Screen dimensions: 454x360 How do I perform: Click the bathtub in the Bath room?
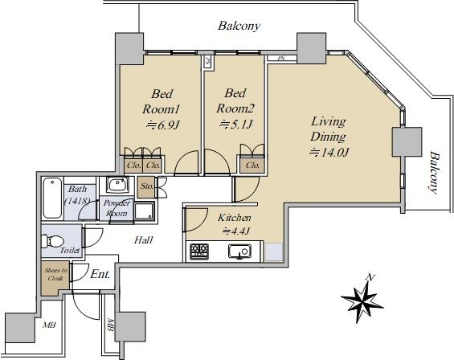coord(53,198)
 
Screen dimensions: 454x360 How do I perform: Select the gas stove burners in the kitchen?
coord(199,251)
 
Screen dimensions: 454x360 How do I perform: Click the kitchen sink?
coord(239,251)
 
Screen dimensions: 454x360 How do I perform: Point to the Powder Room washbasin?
coord(117,185)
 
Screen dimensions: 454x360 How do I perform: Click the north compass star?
coord(362,301)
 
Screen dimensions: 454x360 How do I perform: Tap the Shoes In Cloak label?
coord(56,274)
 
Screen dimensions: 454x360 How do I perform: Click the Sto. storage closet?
coord(146,186)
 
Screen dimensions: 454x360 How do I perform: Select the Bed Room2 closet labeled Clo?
coord(252,166)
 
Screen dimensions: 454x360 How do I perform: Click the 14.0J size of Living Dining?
coord(329,152)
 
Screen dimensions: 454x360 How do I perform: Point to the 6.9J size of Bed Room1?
coord(162,125)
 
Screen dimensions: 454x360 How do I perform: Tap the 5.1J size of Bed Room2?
coord(236,125)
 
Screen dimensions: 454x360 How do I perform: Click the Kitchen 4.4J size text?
coord(235,231)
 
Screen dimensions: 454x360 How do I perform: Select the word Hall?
coord(144,239)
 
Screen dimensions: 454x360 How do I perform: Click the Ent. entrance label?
coord(100,274)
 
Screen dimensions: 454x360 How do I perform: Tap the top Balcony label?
coord(239,26)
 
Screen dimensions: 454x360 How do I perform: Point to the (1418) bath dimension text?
coord(76,201)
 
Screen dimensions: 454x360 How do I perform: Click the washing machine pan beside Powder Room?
coord(145,211)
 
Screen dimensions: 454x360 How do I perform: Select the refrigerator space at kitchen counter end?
coord(273,252)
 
